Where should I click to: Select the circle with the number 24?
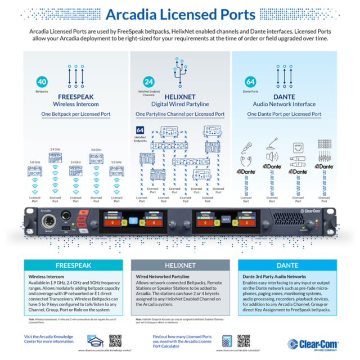[149, 81]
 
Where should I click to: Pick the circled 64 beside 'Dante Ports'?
[251, 81]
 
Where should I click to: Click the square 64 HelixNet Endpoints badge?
[140, 130]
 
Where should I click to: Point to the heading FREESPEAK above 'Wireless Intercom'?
[76, 97]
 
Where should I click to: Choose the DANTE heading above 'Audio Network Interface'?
[284, 97]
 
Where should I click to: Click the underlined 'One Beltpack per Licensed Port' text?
[76, 114]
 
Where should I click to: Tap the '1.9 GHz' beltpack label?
[55, 149]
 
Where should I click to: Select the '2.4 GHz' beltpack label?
[75, 162]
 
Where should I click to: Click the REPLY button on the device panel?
[226, 218]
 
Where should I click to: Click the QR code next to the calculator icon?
[244, 341]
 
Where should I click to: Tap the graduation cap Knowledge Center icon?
[96, 341]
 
